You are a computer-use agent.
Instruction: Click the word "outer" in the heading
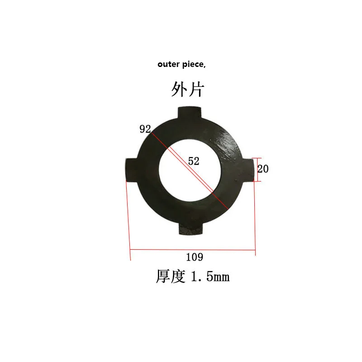(x=168, y=64)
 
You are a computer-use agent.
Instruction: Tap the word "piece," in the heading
(x=194, y=65)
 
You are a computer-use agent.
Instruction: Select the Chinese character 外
(x=179, y=89)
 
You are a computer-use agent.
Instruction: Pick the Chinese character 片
(x=196, y=89)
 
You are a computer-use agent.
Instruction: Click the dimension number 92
(x=145, y=129)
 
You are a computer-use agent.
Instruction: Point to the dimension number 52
(x=194, y=161)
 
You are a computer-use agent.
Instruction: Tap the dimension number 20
(x=263, y=169)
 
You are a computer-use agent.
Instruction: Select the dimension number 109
(x=195, y=257)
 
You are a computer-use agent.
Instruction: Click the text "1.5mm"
(x=210, y=276)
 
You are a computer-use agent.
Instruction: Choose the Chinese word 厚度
(x=171, y=276)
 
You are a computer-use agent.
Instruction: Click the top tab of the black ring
(x=190, y=113)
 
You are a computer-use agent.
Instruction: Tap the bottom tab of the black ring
(x=191, y=229)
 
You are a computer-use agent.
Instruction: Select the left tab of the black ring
(x=132, y=170)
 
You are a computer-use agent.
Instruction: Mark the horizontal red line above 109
(x=193, y=250)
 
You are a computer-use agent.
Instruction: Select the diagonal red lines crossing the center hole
(x=190, y=171)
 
